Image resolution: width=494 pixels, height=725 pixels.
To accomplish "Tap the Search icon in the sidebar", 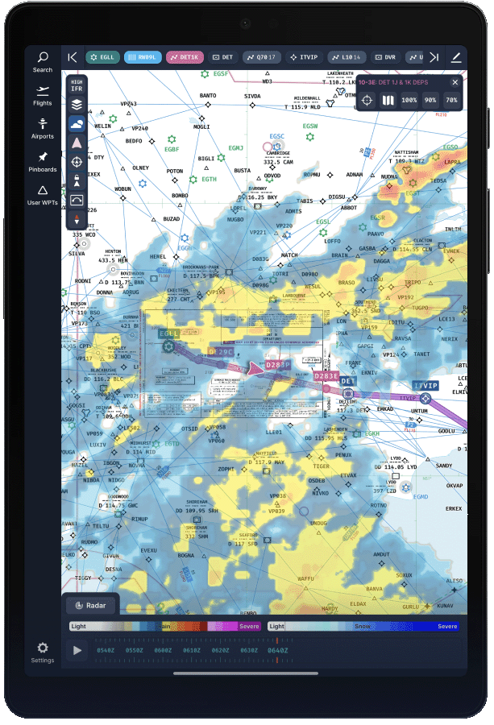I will tap(43, 61).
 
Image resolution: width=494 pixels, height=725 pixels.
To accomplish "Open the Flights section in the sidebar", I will tap(43, 95).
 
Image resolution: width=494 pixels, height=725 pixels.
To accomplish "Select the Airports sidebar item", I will tap(43, 128).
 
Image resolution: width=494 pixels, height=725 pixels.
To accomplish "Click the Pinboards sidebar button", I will tap(43, 161).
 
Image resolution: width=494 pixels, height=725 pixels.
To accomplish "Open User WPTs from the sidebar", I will tap(43, 195).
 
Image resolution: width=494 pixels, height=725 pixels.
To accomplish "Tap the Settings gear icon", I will tap(43, 652).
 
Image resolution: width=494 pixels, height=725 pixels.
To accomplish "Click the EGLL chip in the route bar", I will tap(102, 57).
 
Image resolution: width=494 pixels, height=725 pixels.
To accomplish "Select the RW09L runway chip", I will tap(143, 57).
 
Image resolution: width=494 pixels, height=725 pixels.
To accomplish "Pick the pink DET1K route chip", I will tap(185, 57).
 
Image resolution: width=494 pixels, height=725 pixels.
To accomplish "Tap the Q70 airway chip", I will tap(262, 57).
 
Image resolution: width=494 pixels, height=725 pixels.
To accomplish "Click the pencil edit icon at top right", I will tap(456, 57).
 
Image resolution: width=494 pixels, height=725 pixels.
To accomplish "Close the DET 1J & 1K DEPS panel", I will tap(455, 82).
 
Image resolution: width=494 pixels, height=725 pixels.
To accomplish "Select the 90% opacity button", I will tap(430, 101).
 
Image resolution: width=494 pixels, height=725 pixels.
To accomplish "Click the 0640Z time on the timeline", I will tap(277, 650).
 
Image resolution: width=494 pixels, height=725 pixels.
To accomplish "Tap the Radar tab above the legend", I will tap(91, 606).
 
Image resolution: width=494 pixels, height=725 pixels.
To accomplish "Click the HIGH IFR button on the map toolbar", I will tap(77, 85).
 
